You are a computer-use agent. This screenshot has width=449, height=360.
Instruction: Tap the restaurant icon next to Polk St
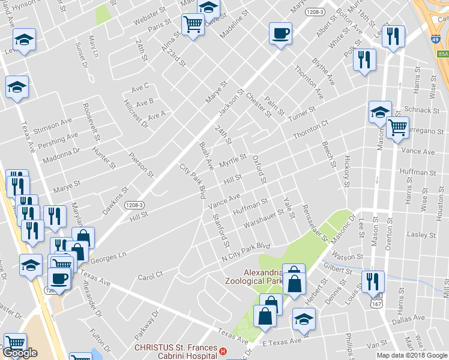point(364,59)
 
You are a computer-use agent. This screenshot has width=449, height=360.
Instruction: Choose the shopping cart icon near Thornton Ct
point(397,127)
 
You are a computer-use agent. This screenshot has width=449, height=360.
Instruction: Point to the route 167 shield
point(376,304)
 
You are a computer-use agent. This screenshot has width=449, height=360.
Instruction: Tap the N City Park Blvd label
point(246,251)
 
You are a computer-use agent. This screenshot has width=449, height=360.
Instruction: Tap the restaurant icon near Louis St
point(372,281)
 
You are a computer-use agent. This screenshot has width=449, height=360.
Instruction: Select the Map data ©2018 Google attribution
point(411,355)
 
